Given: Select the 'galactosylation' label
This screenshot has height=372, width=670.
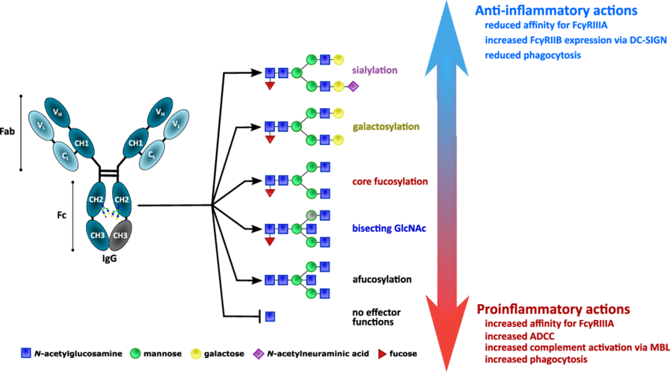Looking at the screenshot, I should (x=385, y=127).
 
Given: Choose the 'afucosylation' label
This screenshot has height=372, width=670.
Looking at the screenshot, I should (x=379, y=279).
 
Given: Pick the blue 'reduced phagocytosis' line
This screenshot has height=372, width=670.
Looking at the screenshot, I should (x=534, y=55).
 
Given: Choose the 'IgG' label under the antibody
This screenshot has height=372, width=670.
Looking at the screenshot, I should (x=109, y=260).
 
